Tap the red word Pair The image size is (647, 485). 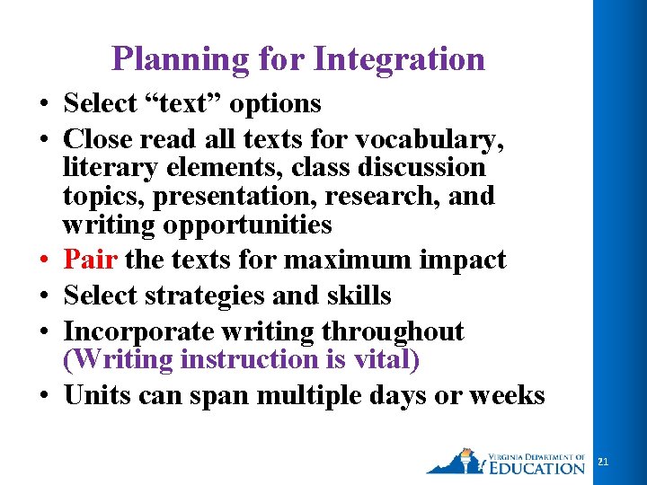(x=92, y=260)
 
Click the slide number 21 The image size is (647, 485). (x=603, y=461)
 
